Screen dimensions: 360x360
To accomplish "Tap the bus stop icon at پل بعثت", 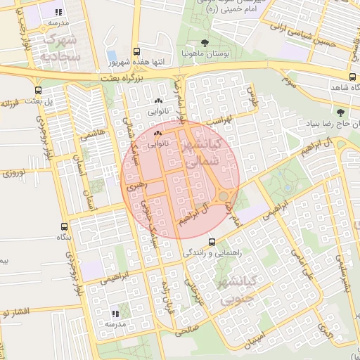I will click(37, 90).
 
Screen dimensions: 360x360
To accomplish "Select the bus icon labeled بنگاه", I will click(65, 226).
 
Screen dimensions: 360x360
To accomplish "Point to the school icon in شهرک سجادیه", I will click(58, 12).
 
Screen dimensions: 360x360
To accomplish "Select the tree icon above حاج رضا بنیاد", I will click(341, 112).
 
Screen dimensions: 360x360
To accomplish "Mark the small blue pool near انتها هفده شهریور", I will click(111, 56).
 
